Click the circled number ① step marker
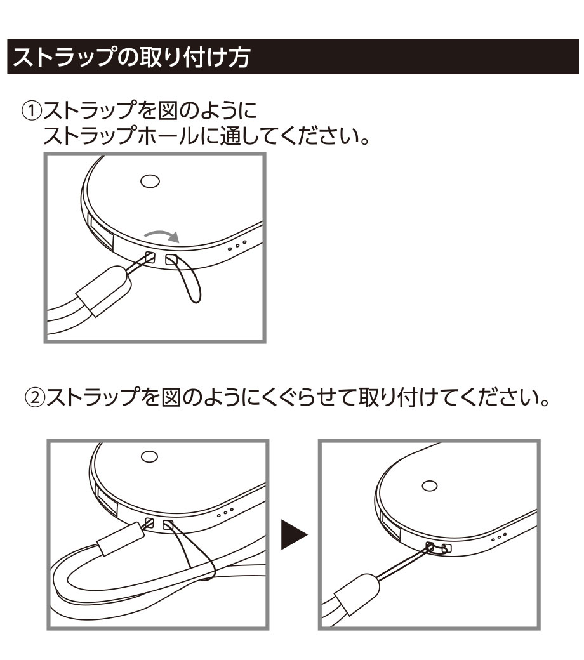(32, 112)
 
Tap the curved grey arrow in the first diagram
(162, 235)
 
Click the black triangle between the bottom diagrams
(295, 534)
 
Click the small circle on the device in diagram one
(150, 181)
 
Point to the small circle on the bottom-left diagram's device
(149, 457)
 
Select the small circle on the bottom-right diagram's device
(429, 485)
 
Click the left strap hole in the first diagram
(149, 256)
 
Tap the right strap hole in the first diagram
(171, 260)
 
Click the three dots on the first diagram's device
(237, 246)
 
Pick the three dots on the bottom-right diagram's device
(499, 537)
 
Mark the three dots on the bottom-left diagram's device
(225, 513)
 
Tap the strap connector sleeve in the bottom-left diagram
(121, 539)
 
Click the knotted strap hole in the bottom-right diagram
(431, 547)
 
